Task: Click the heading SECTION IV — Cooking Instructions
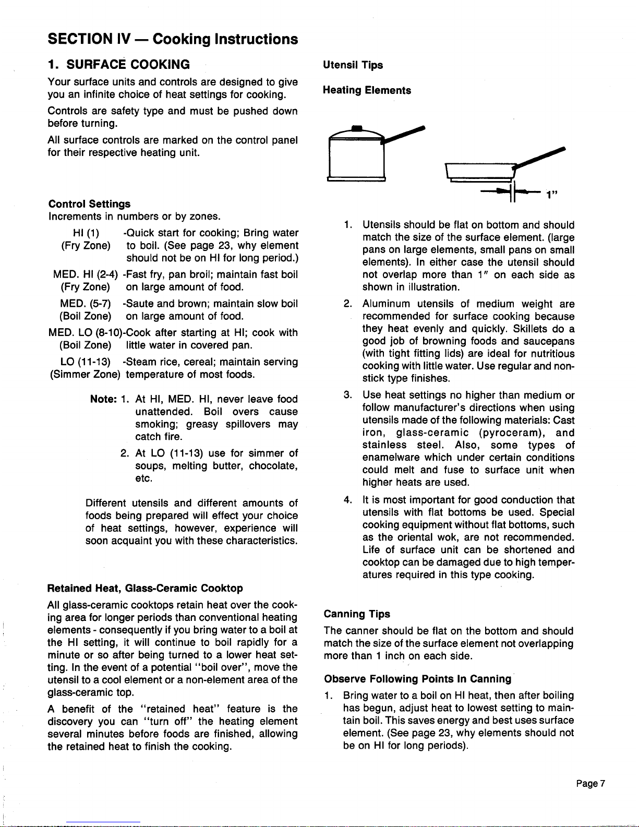(x=173, y=39)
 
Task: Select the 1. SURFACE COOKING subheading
(x=118, y=65)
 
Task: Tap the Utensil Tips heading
(x=353, y=65)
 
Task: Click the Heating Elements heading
(x=367, y=90)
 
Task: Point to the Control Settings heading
(x=89, y=204)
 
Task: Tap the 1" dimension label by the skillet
(x=552, y=195)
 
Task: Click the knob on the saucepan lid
(x=357, y=128)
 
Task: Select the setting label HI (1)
(x=86, y=233)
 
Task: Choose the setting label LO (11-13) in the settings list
(x=85, y=362)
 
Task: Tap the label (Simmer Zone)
(x=85, y=375)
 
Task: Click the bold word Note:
(x=103, y=399)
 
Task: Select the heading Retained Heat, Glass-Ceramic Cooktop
(x=145, y=589)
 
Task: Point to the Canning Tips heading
(x=357, y=614)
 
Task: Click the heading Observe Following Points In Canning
(x=417, y=679)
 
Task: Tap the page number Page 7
(x=590, y=783)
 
